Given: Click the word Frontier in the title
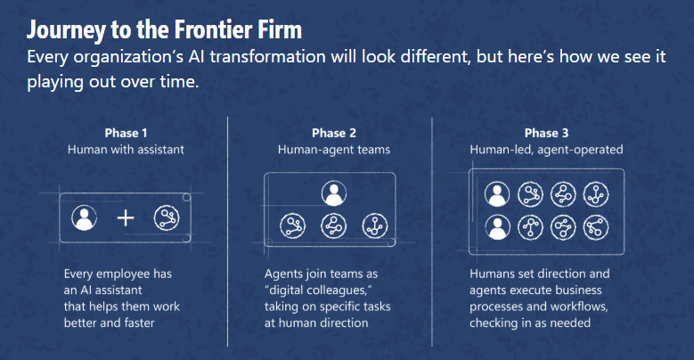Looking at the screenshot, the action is (211, 30).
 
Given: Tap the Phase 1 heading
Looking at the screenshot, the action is (126, 133).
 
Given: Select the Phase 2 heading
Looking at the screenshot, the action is (334, 133).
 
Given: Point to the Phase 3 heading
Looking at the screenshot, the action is (546, 133).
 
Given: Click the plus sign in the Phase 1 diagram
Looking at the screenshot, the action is (126, 217).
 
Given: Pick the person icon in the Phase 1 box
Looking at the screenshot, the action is (84, 217).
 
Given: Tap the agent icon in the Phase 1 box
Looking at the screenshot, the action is (167, 217).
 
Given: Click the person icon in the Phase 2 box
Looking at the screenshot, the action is (334, 193).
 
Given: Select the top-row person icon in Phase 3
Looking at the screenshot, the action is (497, 194).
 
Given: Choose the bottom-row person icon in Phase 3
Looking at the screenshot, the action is (497, 227).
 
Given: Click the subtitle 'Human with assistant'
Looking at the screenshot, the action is (126, 150).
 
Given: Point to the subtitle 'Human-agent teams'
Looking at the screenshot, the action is (334, 150).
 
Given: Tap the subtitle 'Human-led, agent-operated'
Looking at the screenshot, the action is (546, 150).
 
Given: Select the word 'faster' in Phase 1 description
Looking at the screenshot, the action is (139, 323).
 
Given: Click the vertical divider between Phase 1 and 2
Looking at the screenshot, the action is (227, 232).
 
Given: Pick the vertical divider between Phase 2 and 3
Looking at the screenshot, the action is (431, 232).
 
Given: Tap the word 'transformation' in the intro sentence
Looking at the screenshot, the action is (268, 57).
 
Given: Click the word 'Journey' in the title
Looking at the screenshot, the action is (67, 31).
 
